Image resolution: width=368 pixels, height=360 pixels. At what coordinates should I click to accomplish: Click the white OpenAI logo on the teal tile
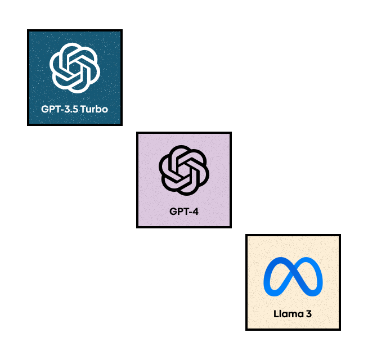(75, 67)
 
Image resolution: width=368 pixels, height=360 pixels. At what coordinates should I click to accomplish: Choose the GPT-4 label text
(184, 211)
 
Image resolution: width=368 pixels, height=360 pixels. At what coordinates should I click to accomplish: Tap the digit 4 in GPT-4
(195, 211)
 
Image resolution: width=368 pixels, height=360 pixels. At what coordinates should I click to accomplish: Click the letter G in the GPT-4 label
(173, 211)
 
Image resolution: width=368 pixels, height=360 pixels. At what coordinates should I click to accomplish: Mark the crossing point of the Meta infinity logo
(293, 277)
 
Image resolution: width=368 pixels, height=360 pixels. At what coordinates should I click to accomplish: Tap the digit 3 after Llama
(309, 314)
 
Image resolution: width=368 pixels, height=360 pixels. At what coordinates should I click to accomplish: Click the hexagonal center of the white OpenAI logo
(75, 67)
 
